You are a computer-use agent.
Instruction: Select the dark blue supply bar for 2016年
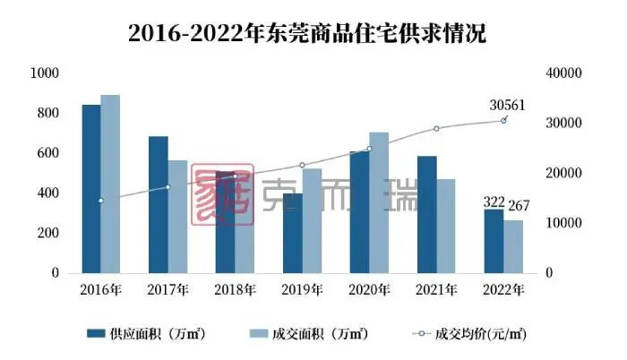click(x=91, y=188)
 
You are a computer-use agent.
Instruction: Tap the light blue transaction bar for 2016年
click(x=110, y=184)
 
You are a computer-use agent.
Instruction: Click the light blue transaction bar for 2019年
click(x=312, y=220)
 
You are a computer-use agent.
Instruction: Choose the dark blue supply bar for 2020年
click(x=359, y=211)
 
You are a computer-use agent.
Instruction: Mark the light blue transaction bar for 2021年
click(x=445, y=226)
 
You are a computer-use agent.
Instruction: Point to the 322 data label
click(x=494, y=203)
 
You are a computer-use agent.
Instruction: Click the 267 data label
click(x=520, y=208)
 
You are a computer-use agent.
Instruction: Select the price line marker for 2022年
click(x=503, y=120)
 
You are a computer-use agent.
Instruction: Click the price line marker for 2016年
click(x=101, y=201)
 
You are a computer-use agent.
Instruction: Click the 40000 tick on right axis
click(x=564, y=73)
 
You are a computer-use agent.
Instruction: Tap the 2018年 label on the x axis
click(x=235, y=290)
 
